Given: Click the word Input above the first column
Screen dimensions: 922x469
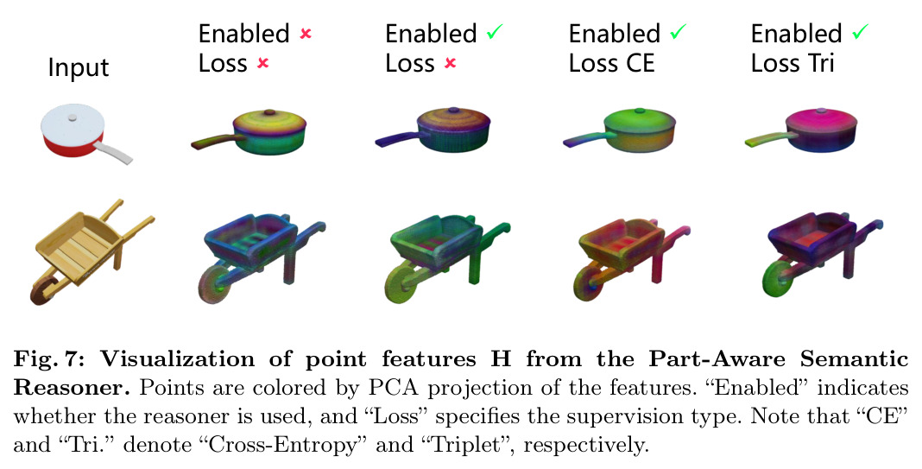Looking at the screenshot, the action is [79, 67].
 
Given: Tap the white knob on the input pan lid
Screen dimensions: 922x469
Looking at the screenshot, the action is [72, 117].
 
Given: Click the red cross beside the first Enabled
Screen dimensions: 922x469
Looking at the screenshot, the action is [306, 34].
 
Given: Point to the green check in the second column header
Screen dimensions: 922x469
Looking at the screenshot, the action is [495, 32].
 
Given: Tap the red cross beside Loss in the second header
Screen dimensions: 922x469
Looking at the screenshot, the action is [450, 63].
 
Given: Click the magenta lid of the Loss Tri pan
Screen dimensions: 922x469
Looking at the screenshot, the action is [819, 122].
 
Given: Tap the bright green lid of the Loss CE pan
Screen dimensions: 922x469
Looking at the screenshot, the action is [639, 122].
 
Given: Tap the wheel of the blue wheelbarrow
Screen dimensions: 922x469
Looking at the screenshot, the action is [214, 283].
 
